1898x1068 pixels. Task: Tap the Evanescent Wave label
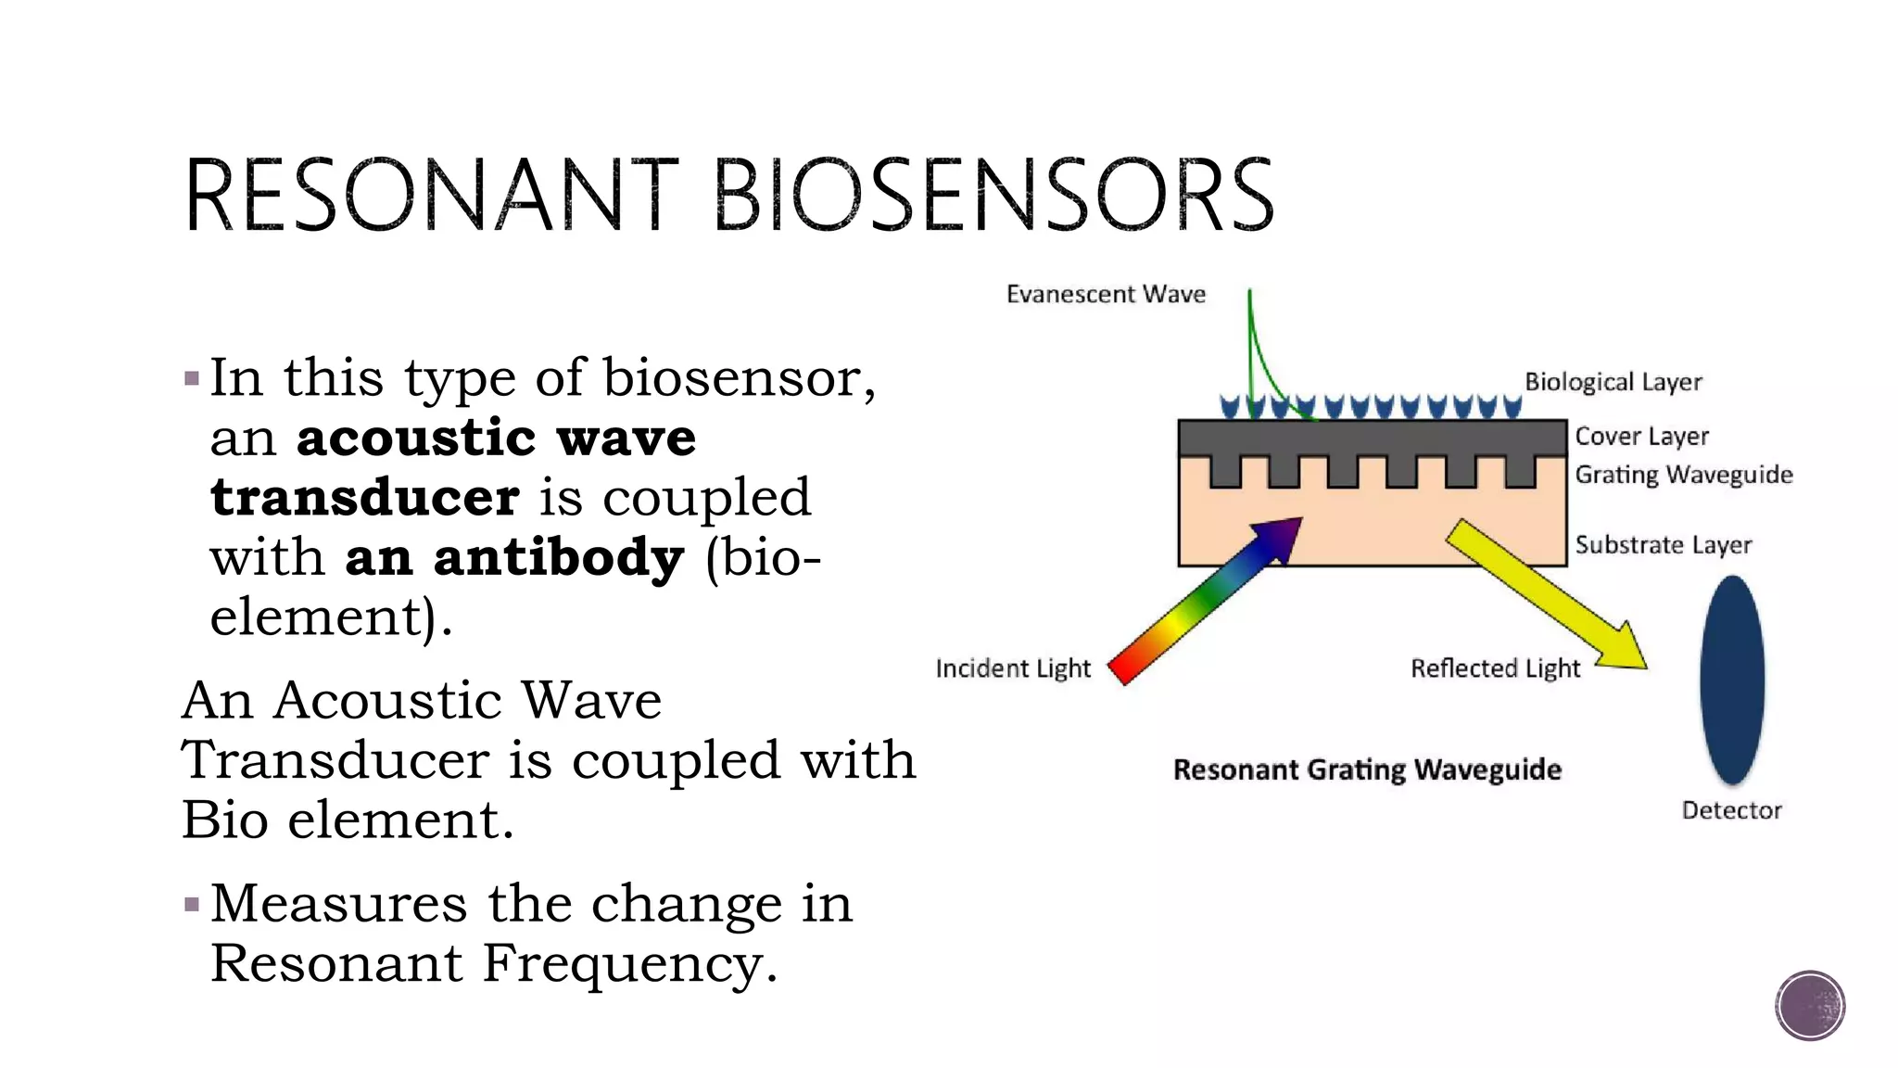coord(1106,295)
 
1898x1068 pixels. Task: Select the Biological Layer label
coord(1613,382)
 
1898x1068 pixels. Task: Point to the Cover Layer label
coord(1641,436)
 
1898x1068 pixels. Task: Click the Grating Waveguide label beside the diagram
coord(1683,475)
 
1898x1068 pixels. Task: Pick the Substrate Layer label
coord(1663,545)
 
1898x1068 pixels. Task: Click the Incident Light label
coord(1013,668)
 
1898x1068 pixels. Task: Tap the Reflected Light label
coord(1495,668)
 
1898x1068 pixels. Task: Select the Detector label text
coord(1731,810)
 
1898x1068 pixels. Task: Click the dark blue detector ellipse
coord(1731,681)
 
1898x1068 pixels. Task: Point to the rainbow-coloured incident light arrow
coord(1205,603)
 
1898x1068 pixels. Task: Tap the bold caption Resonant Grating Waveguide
coord(1367,770)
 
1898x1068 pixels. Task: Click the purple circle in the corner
coord(1810,1006)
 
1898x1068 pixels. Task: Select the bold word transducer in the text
coord(365,498)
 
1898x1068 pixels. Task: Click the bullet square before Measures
coord(192,904)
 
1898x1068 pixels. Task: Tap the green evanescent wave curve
coord(1255,362)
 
